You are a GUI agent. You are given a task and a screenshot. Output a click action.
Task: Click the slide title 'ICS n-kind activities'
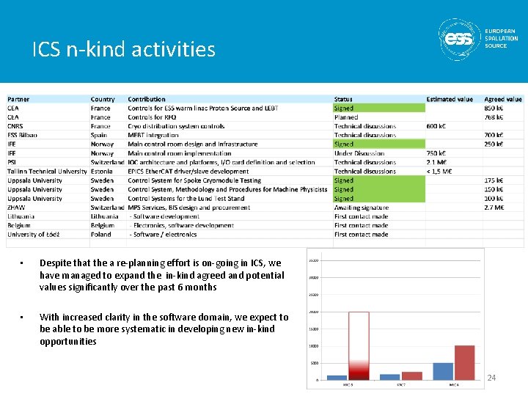[x=124, y=49]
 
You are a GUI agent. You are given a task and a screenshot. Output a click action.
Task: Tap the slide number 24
[x=492, y=378]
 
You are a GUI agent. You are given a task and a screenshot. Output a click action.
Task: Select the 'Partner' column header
[x=19, y=99]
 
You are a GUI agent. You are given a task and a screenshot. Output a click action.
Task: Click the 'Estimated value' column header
[x=450, y=99]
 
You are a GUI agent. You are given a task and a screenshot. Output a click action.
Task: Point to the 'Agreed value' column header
[x=503, y=99]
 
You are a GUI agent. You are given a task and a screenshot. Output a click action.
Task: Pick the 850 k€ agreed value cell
[x=494, y=109]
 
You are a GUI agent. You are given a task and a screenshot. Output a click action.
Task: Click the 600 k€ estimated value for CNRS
[x=437, y=126]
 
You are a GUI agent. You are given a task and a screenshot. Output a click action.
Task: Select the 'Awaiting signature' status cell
[x=362, y=208]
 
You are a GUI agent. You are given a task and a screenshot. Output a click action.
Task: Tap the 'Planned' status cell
[x=346, y=117]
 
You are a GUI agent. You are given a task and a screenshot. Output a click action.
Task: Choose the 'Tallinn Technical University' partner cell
[x=47, y=172]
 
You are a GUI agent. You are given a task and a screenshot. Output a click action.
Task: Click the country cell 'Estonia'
[x=103, y=172]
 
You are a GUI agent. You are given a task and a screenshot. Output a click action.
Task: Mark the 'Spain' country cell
[x=99, y=136]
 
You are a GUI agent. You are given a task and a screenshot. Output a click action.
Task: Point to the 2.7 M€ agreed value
[x=494, y=208]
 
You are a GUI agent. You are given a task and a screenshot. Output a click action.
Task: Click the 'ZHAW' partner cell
[x=17, y=208]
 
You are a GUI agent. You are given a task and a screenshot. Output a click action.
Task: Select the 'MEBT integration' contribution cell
[x=153, y=136]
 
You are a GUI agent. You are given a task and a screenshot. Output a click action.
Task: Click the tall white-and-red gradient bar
[x=359, y=345]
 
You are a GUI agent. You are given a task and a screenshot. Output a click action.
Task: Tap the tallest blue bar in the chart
[x=443, y=370]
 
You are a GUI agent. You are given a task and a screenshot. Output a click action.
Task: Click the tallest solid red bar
[x=465, y=362]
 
